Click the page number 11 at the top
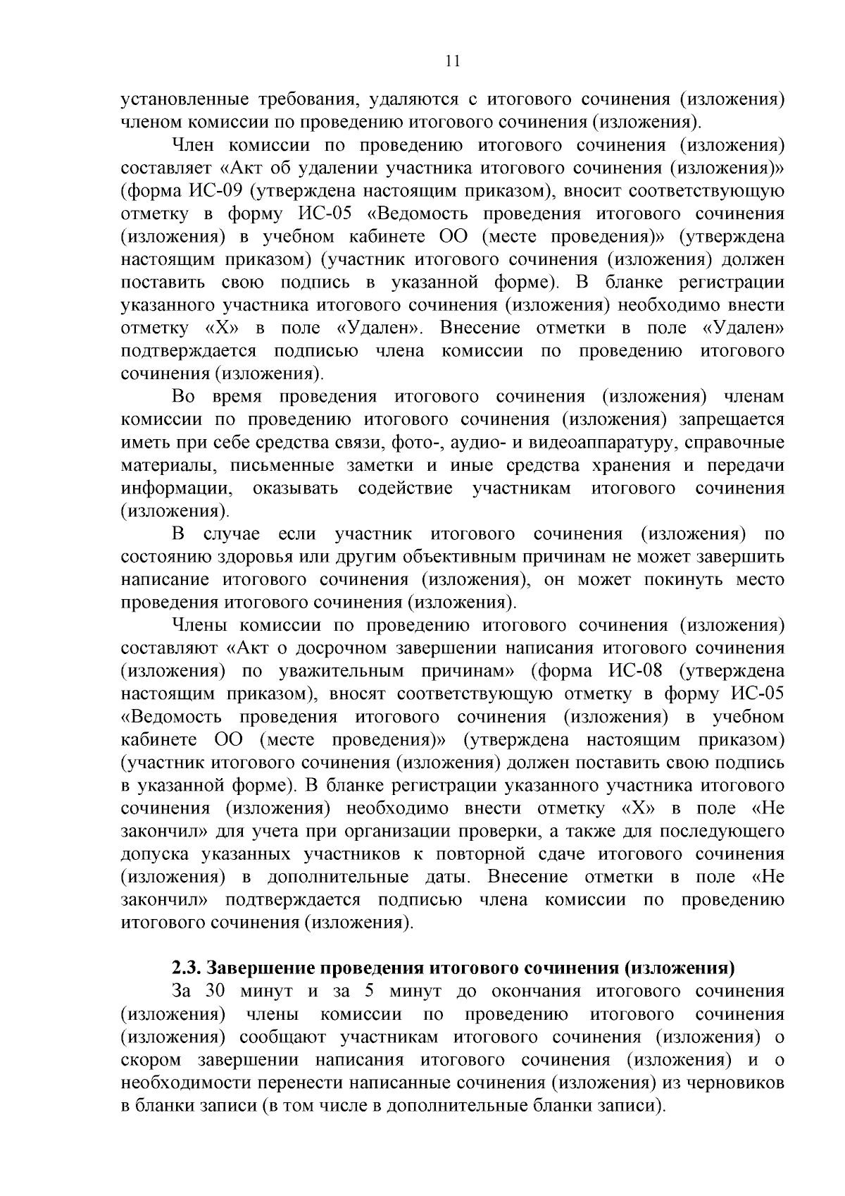tap(453, 61)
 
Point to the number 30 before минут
tap(214, 991)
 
